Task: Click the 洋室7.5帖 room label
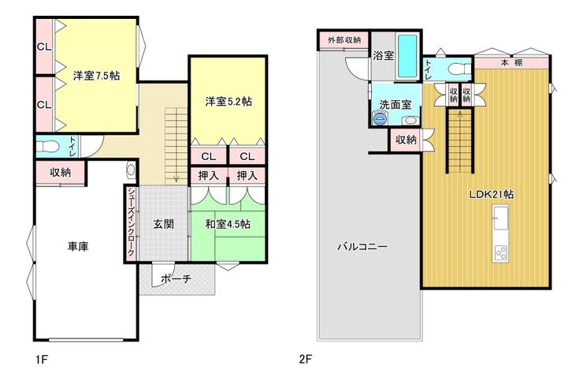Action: click(x=96, y=76)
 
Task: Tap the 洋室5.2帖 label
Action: click(x=228, y=101)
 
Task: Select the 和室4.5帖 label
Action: click(x=228, y=224)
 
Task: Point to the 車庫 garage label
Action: click(x=78, y=246)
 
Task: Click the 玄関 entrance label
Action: click(x=164, y=224)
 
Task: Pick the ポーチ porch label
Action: click(x=176, y=278)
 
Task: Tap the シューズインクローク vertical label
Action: click(x=131, y=222)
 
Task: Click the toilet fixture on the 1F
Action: click(x=48, y=146)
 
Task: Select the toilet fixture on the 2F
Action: click(x=458, y=69)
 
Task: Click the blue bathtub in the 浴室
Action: click(x=408, y=56)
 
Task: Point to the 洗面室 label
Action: click(x=395, y=105)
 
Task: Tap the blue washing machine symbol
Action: click(x=379, y=119)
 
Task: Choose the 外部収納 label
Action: click(x=344, y=40)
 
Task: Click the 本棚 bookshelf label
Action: click(x=511, y=62)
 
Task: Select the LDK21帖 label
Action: click(x=491, y=194)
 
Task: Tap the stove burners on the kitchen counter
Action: click(x=500, y=253)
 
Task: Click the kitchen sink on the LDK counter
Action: click(x=500, y=219)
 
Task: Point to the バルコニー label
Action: click(x=362, y=247)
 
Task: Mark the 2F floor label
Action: click(x=306, y=360)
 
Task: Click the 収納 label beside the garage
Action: click(x=60, y=172)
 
